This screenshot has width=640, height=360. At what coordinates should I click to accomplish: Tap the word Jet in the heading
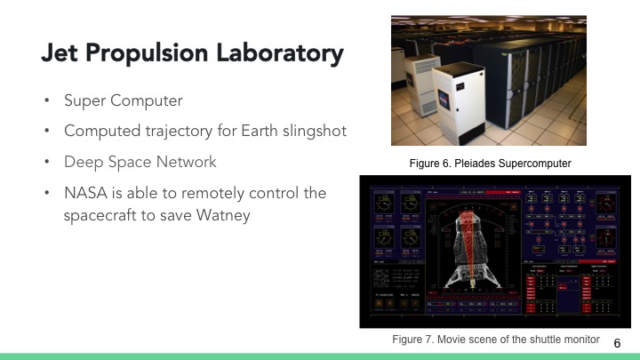click(58, 53)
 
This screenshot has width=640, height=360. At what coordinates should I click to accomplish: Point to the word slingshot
click(311, 131)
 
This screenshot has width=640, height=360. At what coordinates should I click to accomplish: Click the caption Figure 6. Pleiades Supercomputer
click(489, 164)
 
